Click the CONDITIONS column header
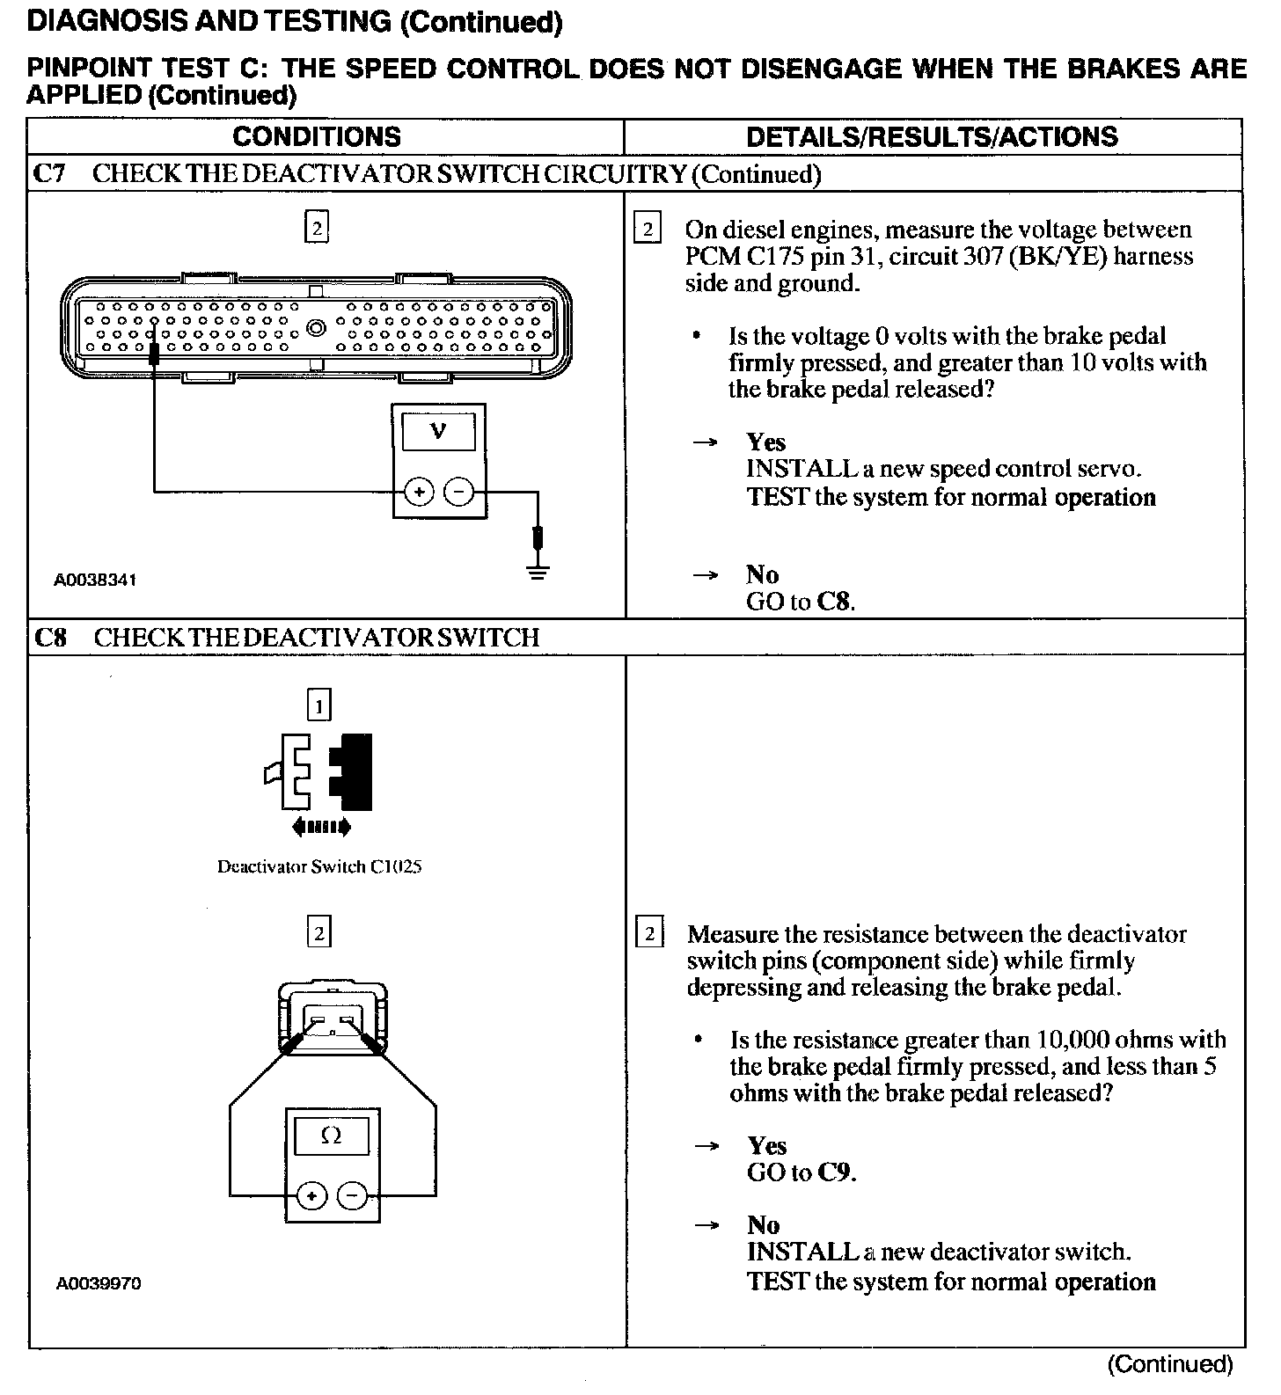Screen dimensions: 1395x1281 (x=317, y=136)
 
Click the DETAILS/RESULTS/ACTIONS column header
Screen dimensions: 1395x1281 (x=932, y=136)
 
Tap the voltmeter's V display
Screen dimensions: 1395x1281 (x=438, y=431)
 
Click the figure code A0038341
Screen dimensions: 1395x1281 (x=95, y=581)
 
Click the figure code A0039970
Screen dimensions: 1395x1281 (x=99, y=1283)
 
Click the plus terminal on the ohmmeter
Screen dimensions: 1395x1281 (x=311, y=1196)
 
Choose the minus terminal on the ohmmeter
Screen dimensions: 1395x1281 (x=352, y=1196)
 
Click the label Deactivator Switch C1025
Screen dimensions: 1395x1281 (x=319, y=866)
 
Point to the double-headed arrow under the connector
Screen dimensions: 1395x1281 (x=319, y=827)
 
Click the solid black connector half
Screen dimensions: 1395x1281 (x=352, y=771)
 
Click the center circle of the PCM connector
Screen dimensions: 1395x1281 (x=316, y=330)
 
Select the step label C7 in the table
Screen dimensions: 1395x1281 (x=49, y=173)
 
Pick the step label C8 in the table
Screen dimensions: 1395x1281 (x=50, y=637)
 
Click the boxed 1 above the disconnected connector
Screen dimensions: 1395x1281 (x=318, y=705)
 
